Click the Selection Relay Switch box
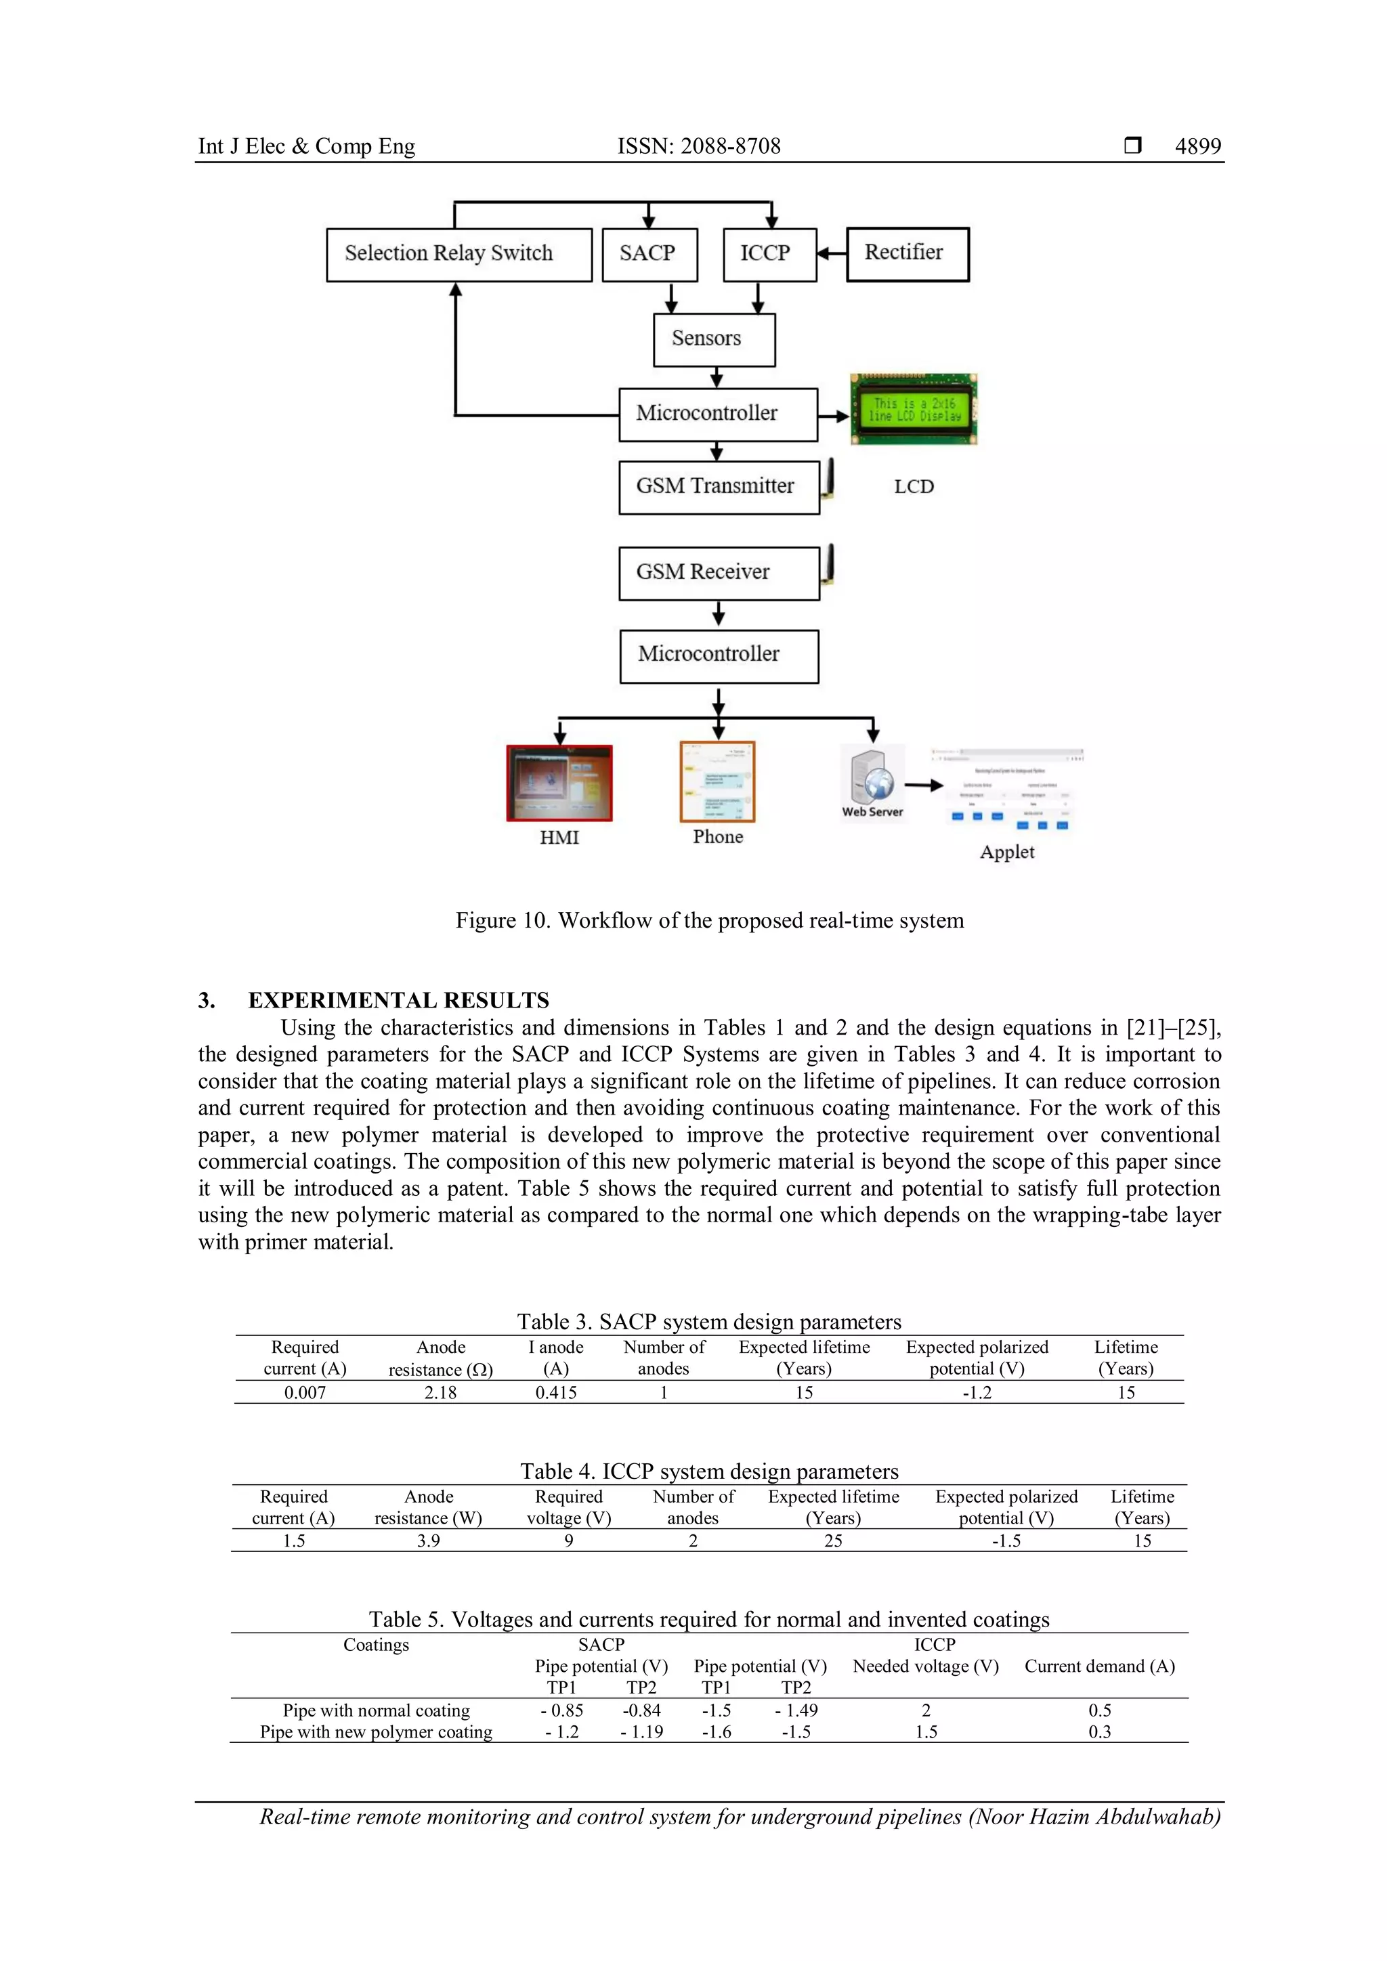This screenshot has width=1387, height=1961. [458, 255]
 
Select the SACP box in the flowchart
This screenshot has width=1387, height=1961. [649, 255]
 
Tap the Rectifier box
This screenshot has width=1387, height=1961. [907, 254]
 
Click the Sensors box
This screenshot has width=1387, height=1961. [714, 339]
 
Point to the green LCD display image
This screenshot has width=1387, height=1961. [913, 410]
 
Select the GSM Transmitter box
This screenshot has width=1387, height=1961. [719, 487]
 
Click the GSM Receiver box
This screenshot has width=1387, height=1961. [719, 573]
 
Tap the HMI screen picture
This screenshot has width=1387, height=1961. [559, 782]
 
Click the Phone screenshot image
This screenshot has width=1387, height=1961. [717, 781]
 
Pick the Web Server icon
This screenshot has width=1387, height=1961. [872, 779]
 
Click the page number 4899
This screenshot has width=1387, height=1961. [1197, 146]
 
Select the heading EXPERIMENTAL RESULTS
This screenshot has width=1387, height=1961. [398, 1000]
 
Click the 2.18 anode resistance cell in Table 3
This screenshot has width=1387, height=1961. [441, 1392]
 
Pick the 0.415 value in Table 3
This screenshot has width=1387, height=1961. [556, 1392]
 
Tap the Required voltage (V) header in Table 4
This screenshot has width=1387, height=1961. [569, 1507]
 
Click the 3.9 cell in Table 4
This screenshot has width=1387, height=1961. [428, 1540]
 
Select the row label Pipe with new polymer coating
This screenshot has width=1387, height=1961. [376, 1732]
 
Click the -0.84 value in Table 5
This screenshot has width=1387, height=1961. [641, 1710]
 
